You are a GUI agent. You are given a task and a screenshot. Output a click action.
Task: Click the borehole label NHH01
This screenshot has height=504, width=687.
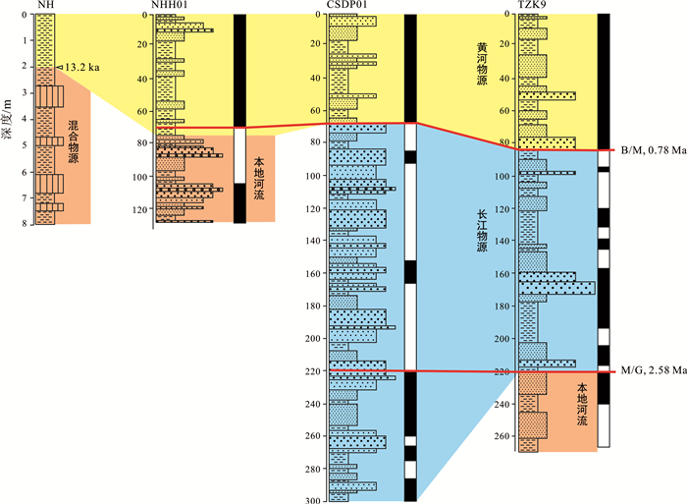(170, 6)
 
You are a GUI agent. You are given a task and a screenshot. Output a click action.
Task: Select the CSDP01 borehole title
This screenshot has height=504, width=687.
(347, 6)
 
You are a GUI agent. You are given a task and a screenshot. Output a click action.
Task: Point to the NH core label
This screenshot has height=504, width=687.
(44, 6)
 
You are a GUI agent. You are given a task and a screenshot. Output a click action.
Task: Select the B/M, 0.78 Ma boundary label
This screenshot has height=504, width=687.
(652, 150)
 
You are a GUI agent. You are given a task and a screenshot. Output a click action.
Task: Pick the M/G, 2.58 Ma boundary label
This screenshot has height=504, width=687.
(652, 371)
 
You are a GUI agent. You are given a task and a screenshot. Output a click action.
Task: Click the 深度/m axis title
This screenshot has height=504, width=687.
(9, 118)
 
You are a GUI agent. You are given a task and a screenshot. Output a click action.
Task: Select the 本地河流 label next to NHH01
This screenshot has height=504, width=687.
(259, 171)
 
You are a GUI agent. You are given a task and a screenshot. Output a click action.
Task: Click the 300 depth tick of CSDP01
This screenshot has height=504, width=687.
(314, 501)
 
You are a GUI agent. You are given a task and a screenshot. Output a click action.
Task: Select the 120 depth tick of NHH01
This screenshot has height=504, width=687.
(142, 209)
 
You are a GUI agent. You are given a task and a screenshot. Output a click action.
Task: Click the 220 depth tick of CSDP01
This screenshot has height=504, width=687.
(314, 371)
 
